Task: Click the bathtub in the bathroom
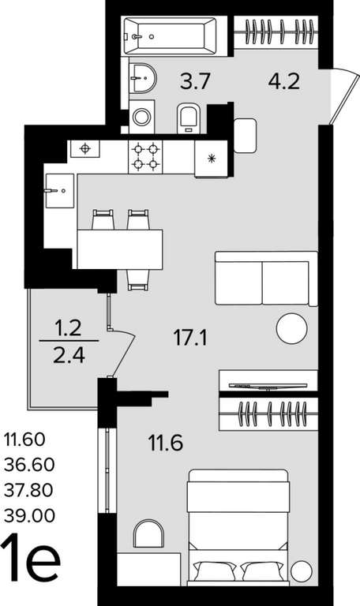(171, 36)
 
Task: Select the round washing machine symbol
(141, 117)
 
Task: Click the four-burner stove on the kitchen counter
(145, 156)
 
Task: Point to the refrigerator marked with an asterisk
(211, 158)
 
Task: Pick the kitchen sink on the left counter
(59, 190)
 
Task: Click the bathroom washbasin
(142, 77)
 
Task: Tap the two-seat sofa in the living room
(266, 279)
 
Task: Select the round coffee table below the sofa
(292, 329)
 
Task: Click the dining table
(119, 249)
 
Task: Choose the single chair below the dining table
(138, 280)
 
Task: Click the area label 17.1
(190, 339)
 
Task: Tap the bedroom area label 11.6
(166, 443)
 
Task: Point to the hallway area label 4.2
(284, 81)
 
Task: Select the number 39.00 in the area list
(29, 515)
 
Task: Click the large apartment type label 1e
(31, 557)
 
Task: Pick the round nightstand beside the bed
(302, 570)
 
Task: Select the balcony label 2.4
(69, 356)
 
